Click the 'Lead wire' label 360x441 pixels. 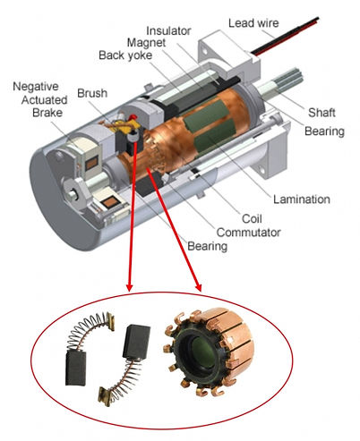coord(253,23)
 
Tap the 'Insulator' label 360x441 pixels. coord(168,30)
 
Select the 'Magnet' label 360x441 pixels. coord(146,43)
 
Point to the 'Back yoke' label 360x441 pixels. coord(125,55)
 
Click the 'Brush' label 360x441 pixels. coord(92,93)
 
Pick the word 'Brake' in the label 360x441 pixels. coord(47,113)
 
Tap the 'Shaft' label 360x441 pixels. coord(321,113)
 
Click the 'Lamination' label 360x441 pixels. coord(302,199)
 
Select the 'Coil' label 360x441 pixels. coord(252,219)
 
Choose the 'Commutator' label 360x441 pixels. coord(249,233)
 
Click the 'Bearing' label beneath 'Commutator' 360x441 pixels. coord(208,247)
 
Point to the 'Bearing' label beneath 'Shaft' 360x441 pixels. coord(324,131)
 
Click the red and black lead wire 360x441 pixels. coord(285,37)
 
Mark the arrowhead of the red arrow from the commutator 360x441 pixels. coord(198,287)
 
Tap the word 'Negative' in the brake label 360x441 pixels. coord(36,87)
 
